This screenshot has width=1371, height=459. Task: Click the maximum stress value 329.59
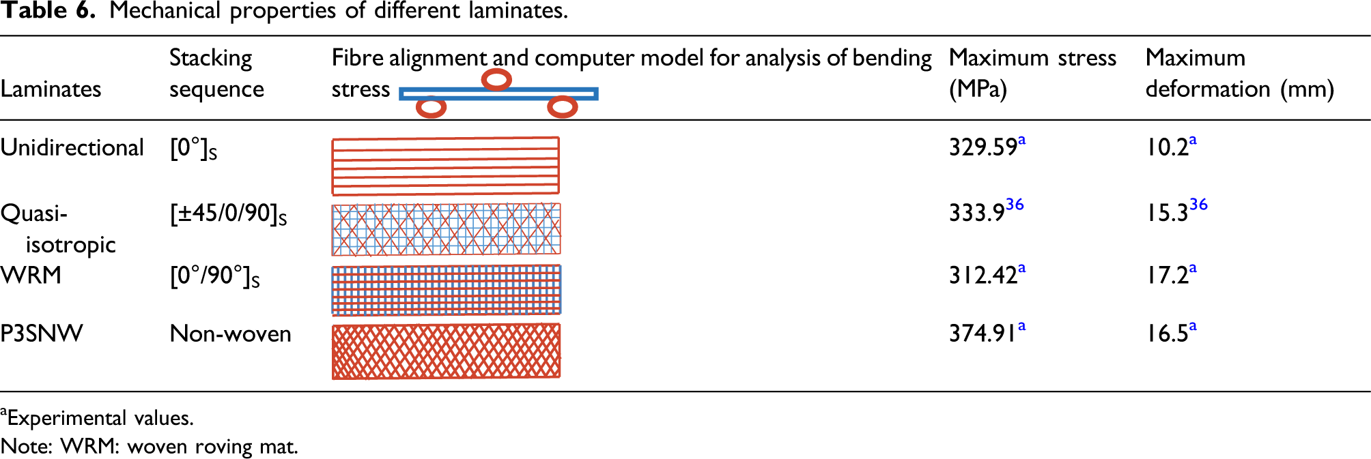(x=983, y=147)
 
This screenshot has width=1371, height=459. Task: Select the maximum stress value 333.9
(x=976, y=213)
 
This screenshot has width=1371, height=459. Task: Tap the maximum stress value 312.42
(x=983, y=275)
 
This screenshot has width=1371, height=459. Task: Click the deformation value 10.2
(x=1167, y=147)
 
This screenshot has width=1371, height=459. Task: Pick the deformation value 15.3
(x=1167, y=213)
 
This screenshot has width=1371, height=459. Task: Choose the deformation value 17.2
(x=1167, y=275)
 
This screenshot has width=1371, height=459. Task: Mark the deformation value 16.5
(x=1167, y=334)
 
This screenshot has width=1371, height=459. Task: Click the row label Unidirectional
(x=72, y=147)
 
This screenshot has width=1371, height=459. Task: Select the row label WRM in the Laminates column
(x=31, y=275)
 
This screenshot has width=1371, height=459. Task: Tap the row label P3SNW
(x=42, y=334)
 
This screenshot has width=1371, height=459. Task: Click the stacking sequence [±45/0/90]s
(x=228, y=214)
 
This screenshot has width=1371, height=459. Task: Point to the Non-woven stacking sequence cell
(x=230, y=334)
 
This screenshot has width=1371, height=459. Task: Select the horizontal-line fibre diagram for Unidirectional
(x=445, y=166)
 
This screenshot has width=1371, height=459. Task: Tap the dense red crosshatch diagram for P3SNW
(x=446, y=351)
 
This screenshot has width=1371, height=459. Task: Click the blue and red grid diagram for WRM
(x=446, y=290)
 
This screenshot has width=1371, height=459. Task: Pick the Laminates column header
(x=51, y=89)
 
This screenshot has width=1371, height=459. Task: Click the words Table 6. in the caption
(x=47, y=10)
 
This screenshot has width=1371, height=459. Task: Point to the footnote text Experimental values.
(x=100, y=418)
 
